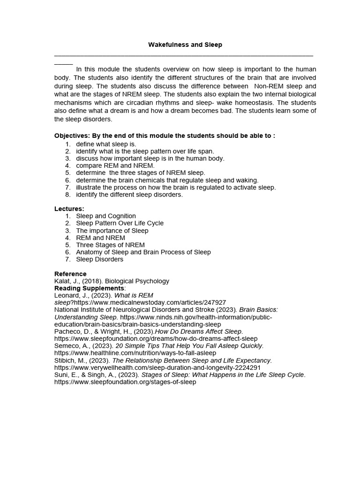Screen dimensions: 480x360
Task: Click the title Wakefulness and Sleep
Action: [185, 45]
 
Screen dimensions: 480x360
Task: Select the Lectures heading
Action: [69, 209]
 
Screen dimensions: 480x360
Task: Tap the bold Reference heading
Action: [70, 274]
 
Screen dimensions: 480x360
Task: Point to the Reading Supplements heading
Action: [90, 288]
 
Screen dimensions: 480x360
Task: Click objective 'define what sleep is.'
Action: [106, 144]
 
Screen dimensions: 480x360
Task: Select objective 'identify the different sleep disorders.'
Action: [129, 195]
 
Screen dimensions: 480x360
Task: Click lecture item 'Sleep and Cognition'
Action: [106, 216]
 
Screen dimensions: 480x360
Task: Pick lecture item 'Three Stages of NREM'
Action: [110, 245]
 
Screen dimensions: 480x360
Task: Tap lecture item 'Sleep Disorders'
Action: [99, 259]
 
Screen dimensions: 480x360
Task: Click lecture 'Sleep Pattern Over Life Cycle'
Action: [120, 223]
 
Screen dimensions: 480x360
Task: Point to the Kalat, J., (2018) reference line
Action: [112, 281]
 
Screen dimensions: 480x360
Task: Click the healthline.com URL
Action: [135, 352]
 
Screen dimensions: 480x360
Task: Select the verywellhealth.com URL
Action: [157, 367]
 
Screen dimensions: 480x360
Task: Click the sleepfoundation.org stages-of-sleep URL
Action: [125, 382]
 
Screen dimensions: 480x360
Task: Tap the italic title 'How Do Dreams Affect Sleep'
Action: [199, 331]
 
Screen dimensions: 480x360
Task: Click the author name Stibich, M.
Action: [70, 360]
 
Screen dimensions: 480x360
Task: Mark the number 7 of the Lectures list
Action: [67, 259]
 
